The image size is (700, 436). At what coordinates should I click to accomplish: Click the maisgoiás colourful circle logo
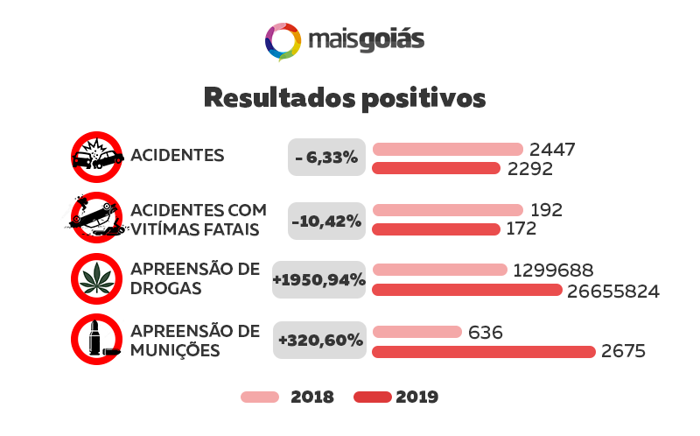click(283, 41)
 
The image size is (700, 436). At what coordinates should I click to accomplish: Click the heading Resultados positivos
click(344, 97)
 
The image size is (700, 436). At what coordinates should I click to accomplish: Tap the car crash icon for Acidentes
click(96, 157)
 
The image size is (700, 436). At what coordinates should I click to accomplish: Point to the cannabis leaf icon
click(96, 278)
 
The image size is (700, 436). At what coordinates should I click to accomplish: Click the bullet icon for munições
click(96, 339)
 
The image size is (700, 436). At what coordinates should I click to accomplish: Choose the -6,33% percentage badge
click(326, 158)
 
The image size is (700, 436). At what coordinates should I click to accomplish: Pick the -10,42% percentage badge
click(326, 220)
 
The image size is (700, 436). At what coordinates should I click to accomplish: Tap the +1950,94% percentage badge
click(318, 280)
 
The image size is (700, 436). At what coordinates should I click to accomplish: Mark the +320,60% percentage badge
click(319, 340)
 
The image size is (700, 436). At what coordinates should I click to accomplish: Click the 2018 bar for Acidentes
click(447, 149)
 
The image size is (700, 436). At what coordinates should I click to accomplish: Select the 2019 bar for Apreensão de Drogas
click(467, 290)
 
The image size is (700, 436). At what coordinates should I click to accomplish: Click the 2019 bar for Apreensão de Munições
click(484, 351)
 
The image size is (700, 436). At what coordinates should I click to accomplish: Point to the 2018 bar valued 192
click(447, 210)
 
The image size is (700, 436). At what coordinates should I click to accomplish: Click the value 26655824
click(612, 291)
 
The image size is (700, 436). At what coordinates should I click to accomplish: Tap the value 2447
click(552, 149)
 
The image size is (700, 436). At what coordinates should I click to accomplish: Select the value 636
click(486, 332)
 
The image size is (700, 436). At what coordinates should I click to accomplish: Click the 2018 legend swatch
click(260, 397)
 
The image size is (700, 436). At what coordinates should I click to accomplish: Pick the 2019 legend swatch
click(372, 397)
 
